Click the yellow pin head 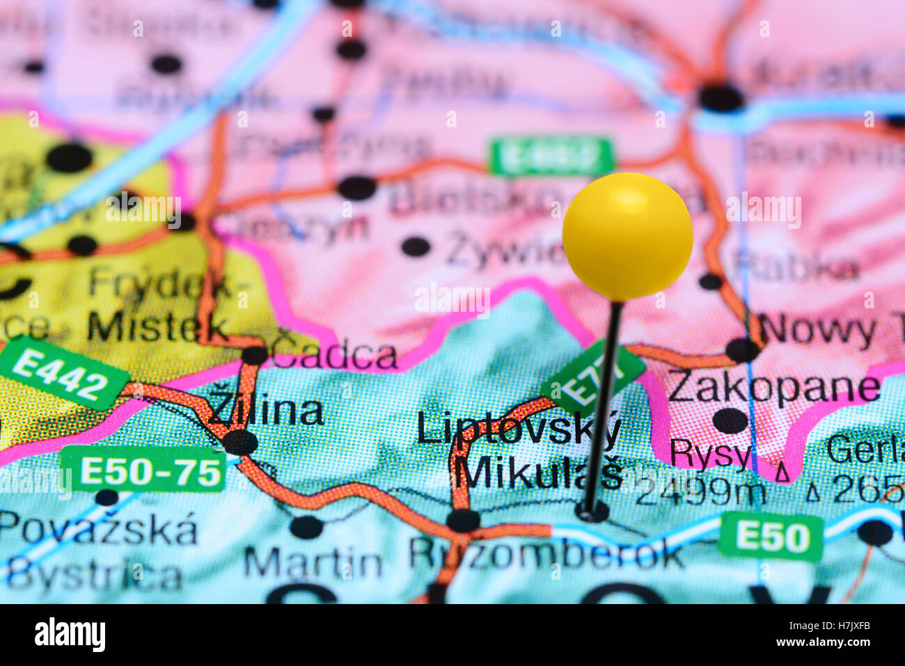627,237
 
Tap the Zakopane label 773,388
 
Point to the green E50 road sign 771,537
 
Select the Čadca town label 334,356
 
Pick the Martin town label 313,563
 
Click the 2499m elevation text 700,493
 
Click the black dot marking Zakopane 730,420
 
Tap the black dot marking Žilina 240,442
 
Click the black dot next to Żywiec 416,246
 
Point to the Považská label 98,531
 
